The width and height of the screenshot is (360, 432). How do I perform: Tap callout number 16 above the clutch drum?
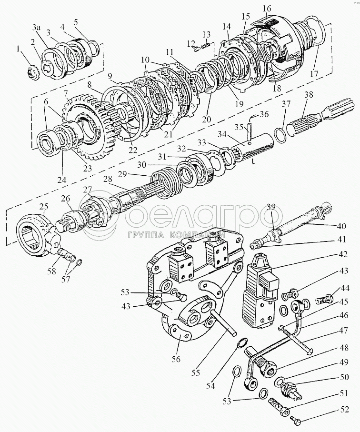(267, 8)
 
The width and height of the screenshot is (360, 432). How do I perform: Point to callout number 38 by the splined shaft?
(308, 95)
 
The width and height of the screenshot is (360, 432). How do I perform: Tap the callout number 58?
(51, 271)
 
